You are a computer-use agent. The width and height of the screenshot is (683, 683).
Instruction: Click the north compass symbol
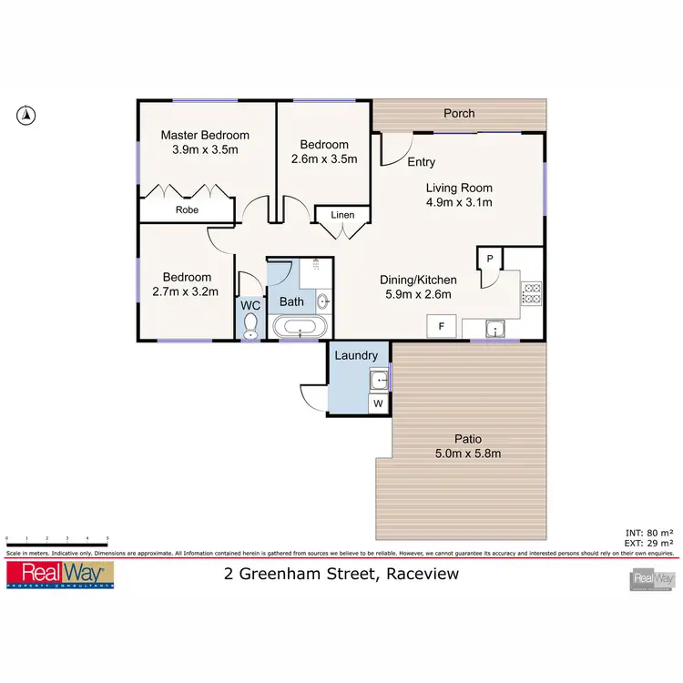pos(27,115)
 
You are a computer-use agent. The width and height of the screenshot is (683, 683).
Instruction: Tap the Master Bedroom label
pos(205,136)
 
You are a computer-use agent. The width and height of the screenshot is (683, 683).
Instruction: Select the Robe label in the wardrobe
pos(187,209)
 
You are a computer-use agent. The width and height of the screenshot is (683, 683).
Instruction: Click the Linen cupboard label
pos(342,215)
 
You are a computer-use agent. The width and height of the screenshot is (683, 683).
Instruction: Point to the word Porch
pos(459,114)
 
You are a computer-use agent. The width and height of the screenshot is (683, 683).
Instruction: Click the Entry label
pos(421,162)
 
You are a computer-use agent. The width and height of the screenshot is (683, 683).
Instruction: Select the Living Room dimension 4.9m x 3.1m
pos(460,202)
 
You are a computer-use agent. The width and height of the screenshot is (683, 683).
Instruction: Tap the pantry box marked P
pos(489,259)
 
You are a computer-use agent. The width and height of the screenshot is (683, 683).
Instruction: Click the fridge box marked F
pos(442,326)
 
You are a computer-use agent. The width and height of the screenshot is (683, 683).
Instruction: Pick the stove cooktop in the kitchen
pos(531,293)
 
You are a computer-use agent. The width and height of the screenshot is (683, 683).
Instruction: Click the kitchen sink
pos(494,328)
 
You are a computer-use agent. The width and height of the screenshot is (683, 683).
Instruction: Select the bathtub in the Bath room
pos(299,327)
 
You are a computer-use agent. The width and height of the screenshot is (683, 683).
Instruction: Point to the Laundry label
pos(356,356)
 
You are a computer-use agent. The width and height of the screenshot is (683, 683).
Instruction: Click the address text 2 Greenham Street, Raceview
pos(342,574)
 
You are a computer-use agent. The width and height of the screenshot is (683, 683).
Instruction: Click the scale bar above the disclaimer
pos(57,540)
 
